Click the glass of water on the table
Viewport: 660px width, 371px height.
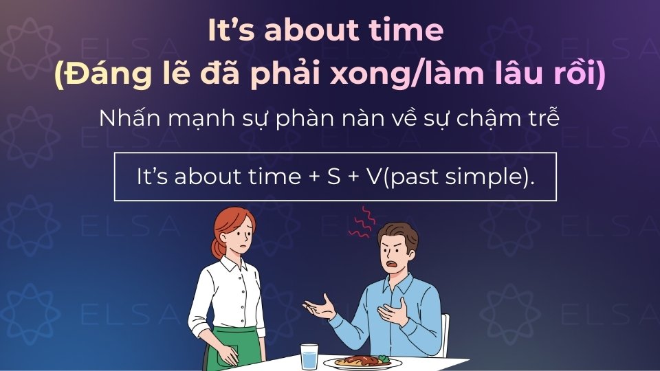(309, 355)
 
